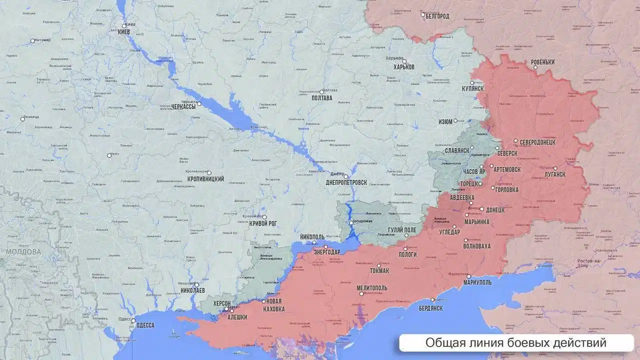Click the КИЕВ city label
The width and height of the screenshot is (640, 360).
coord(124,32)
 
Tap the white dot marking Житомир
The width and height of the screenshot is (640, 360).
coord(33,40)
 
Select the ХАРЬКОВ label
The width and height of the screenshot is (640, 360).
coord(403,67)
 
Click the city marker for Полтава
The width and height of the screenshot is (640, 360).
coord(321,91)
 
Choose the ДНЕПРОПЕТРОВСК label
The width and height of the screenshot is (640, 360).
coord(346,183)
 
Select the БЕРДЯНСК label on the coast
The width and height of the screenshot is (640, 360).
coord(430,308)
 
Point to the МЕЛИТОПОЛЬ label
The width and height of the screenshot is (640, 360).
coord(372,288)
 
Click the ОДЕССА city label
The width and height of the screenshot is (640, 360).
coord(145,325)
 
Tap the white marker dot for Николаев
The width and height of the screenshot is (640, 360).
coord(196,284)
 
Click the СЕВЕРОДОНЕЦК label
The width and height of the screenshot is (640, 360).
coord(537,142)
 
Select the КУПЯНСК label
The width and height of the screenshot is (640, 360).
coord(472,88)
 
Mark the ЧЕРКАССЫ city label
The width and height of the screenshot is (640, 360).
coord(183,106)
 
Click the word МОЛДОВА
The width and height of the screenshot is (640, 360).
coord(24,252)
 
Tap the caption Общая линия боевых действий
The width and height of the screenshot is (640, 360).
coord(515,343)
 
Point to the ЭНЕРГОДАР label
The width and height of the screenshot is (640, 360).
coord(327,252)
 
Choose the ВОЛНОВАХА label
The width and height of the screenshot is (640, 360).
coord(476,246)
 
